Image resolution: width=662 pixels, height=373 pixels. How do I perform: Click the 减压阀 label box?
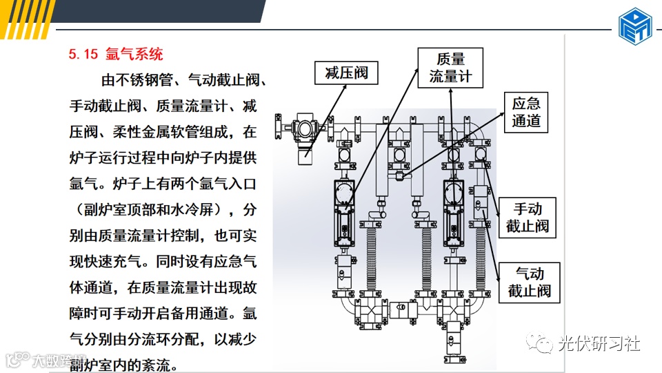tap(346, 73)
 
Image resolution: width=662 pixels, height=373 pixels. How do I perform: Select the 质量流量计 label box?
tap(450, 67)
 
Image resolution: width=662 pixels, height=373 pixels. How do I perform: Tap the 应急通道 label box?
tap(526, 112)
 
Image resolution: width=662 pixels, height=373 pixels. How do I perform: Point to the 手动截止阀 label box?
tap(528, 217)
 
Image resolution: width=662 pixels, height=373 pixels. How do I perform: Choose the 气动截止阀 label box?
tap(529, 282)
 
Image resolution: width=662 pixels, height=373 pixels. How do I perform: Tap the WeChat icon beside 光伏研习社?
tap(539, 342)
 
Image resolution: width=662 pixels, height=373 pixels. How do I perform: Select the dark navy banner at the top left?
tap(138, 10)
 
